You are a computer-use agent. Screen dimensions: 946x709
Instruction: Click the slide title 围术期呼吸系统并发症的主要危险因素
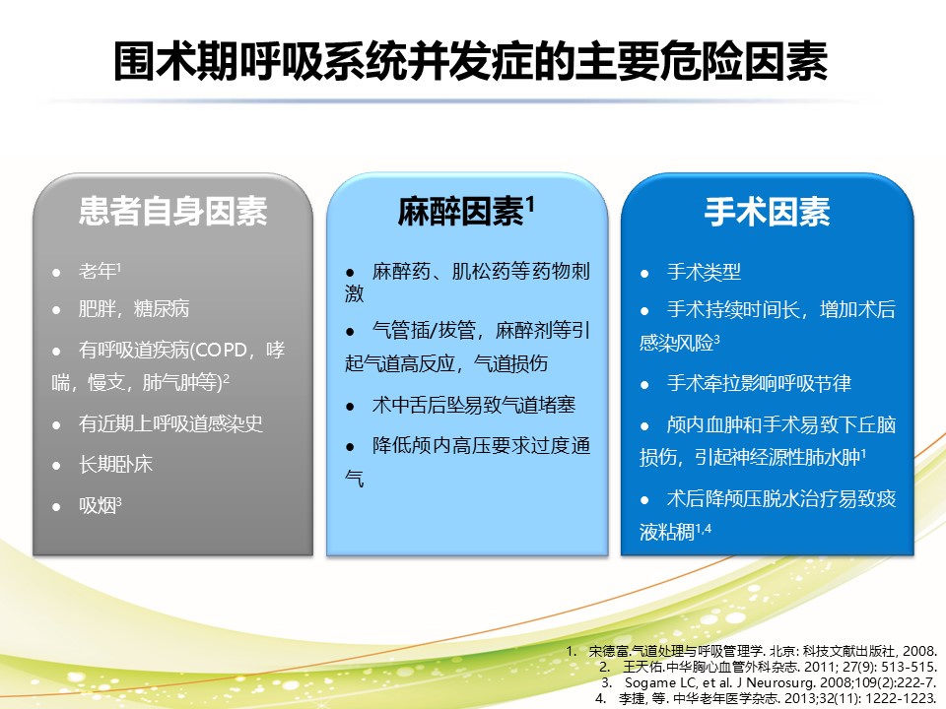point(471,61)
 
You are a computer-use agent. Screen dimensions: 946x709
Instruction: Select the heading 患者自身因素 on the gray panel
point(173,212)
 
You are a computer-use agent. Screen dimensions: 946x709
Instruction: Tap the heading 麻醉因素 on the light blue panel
point(460,212)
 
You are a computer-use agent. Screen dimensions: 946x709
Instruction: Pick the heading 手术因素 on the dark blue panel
point(768,212)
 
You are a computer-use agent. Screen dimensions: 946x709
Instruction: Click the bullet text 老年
point(98,272)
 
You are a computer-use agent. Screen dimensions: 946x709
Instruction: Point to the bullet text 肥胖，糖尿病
point(133,308)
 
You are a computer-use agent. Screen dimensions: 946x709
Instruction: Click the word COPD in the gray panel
point(221,350)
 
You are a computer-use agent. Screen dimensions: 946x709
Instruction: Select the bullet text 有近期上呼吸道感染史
point(170,423)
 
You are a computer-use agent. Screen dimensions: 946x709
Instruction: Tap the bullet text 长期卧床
point(115,464)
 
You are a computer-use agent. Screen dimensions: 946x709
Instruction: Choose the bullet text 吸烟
point(98,505)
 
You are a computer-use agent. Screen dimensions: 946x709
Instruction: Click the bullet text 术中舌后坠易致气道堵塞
point(474,405)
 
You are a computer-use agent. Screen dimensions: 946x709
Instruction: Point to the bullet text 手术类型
point(704,272)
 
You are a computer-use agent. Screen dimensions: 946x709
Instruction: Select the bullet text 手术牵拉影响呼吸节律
point(759,383)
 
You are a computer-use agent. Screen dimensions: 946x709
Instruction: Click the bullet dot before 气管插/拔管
point(350,332)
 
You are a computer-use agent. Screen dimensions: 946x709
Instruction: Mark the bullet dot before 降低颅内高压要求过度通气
point(350,447)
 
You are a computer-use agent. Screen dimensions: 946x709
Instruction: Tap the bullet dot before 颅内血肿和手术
point(644,426)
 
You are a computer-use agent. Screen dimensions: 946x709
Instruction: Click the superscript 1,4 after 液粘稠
point(703,529)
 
